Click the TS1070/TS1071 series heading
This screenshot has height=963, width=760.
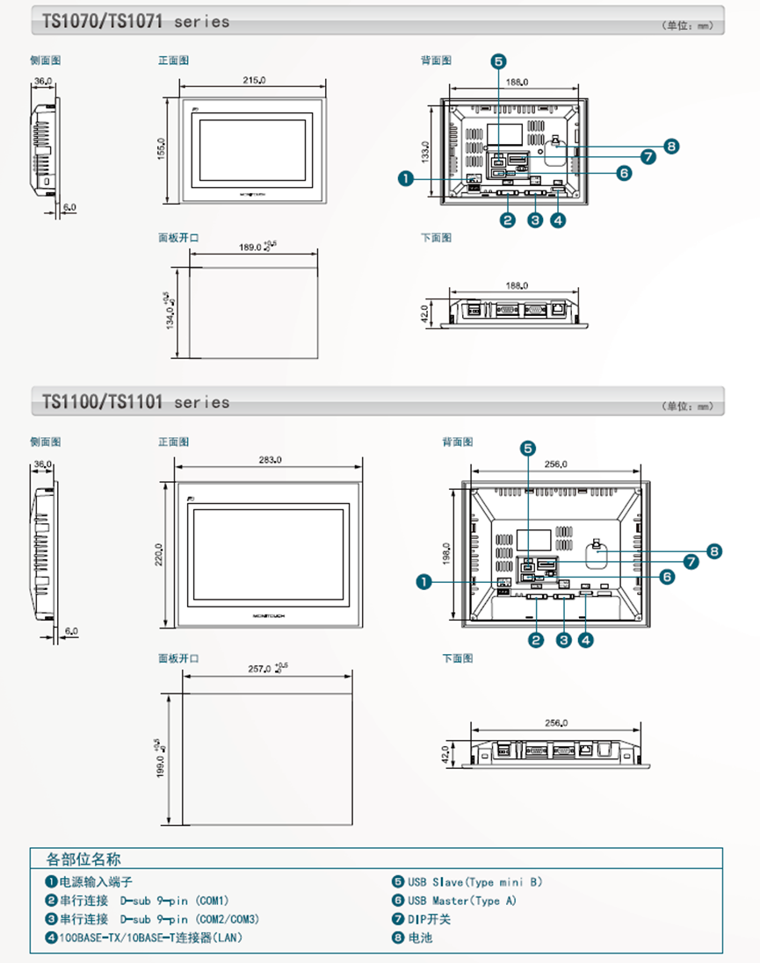[135, 21]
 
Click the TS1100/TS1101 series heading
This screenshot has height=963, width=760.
[135, 402]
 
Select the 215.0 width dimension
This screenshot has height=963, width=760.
[254, 81]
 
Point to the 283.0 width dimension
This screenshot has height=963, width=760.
[270, 460]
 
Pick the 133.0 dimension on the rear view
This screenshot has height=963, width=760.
[425, 153]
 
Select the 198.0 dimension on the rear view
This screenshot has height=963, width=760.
[446, 554]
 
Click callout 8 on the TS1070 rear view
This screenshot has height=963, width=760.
[672, 146]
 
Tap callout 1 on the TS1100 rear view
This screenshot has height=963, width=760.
[423, 581]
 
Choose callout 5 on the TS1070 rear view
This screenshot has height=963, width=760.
[498, 61]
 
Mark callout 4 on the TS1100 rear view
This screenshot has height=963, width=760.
[585, 640]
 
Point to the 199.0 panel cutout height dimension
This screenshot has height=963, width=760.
[161, 757]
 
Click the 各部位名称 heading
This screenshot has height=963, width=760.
[83, 859]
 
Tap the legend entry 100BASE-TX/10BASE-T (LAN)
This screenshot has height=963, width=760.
[149, 938]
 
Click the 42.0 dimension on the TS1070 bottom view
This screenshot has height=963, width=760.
[426, 313]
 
